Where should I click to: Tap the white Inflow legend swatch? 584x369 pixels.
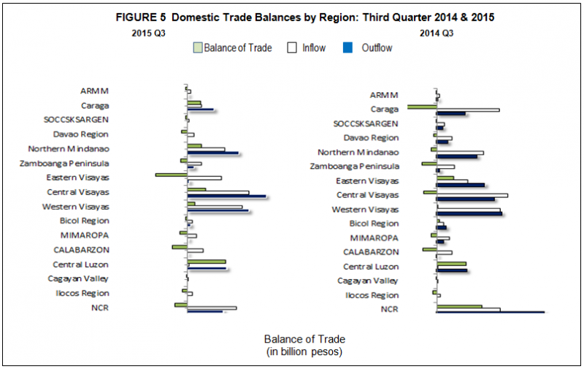[292, 48]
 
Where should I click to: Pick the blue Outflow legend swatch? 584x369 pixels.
[347, 48]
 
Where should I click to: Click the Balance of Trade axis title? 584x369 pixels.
[304, 339]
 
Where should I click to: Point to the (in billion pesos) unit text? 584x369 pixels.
[304, 351]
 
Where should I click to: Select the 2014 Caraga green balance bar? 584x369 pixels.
[422, 107]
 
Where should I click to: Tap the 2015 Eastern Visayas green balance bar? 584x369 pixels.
[171, 175]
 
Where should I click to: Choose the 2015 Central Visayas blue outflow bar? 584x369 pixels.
[226, 196]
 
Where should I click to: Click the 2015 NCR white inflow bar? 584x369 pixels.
[212, 308]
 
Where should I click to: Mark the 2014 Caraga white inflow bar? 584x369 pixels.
[468, 110]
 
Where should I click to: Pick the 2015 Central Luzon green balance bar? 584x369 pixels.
[207, 261]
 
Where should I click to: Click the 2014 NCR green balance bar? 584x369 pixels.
[459, 306]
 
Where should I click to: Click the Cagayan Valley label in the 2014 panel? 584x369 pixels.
[368, 281]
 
